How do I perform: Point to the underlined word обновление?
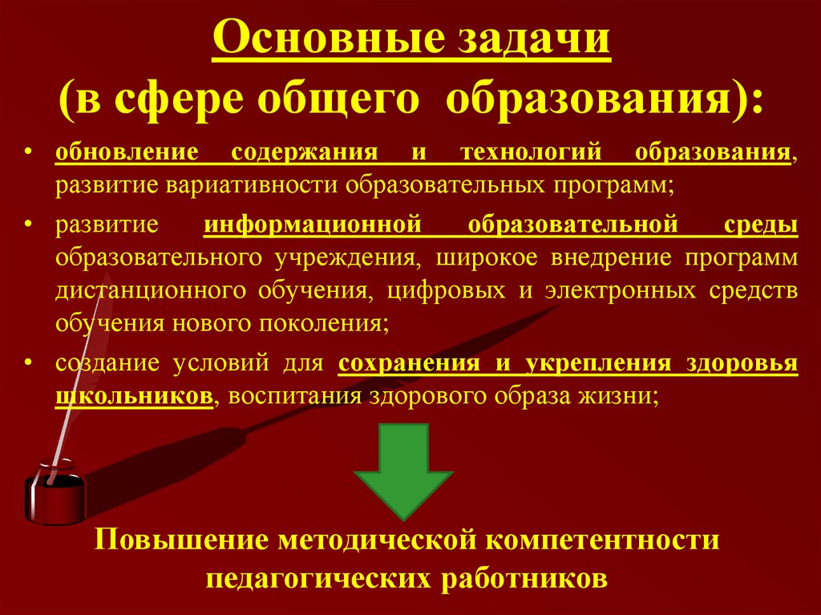127,152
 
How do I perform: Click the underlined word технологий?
531,152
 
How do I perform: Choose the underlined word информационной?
313,226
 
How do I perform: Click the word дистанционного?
151,291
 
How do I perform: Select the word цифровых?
446,291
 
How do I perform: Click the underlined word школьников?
135,395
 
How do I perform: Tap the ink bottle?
55,492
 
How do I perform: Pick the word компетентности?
602,540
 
